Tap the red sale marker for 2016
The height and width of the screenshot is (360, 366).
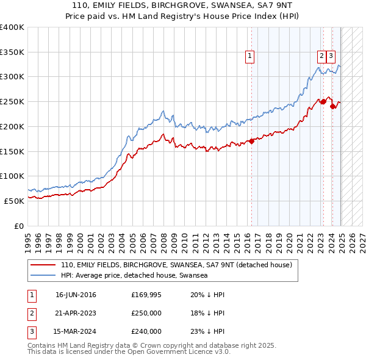coord(251,142)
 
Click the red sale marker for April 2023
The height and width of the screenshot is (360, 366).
coord(323,101)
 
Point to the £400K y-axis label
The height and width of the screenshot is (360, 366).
coord(12,27)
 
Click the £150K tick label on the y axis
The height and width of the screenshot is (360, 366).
coord(12,151)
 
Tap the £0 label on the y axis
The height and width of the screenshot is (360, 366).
coord(18,225)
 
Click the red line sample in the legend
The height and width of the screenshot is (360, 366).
coord(43,265)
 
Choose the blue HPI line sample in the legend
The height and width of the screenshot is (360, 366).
coord(43,276)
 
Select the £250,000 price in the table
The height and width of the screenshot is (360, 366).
coord(146,314)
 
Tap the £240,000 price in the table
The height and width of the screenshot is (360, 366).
coord(146,331)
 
